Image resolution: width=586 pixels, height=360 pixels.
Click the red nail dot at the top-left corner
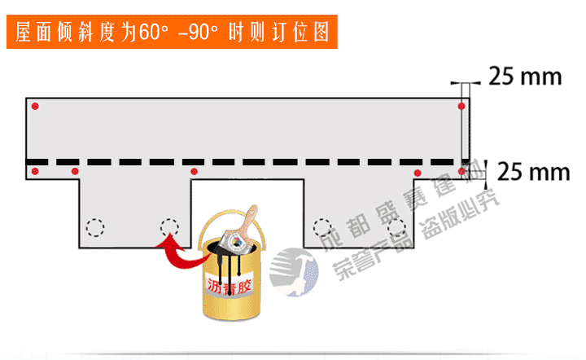pyautogui.click(x=33, y=107)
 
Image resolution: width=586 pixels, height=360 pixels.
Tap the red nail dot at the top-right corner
pyautogui.click(x=461, y=106)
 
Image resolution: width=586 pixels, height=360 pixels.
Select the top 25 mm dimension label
pyautogui.click(x=525, y=77)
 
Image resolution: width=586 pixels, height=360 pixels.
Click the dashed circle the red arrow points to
pyautogui.click(x=168, y=226)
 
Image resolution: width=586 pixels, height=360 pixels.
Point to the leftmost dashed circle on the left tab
pyautogui.click(x=96, y=226)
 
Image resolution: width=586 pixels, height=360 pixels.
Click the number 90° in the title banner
pyautogui.click(x=202, y=33)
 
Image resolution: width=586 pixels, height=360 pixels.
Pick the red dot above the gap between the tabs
pyautogui.click(x=194, y=171)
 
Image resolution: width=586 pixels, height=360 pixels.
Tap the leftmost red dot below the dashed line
pyautogui.click(x=34, y=170)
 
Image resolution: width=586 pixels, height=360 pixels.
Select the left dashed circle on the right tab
pyautogui.click(x=322, y=226)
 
